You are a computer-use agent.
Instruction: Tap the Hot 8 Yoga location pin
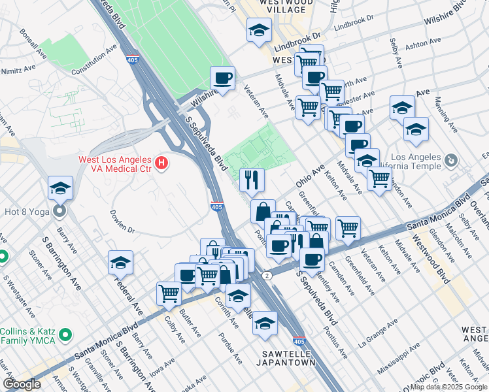coord(60,211)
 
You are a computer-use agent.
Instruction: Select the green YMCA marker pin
coord(65,335)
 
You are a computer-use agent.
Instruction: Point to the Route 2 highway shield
coord(267,276)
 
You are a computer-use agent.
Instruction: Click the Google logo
coord(22,384)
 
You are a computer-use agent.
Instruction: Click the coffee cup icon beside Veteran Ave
coord(223,78)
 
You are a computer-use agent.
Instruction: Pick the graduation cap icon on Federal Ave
coord(120,262)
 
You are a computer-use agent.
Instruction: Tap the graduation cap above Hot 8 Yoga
coord(60,188)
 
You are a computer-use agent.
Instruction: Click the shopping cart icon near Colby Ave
coord(169,293)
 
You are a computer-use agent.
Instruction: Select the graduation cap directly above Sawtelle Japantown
coord(265,323)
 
